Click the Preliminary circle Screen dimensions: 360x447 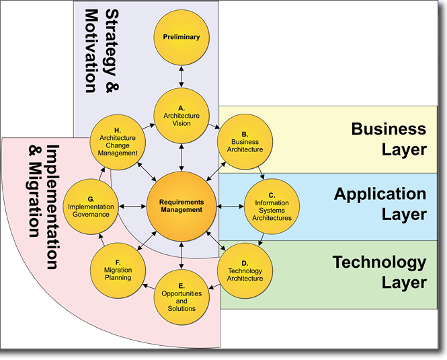pyautogui.click(x=181, y=37)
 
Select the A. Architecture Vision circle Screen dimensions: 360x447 pyautogui.click(x=181, y=116)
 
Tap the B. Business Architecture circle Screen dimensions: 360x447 pyautogui.click(x=246, y=142)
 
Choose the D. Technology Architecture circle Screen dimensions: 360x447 pyautogui.click(x=245, y=270)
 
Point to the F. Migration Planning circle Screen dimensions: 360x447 pyautogui.click(x=118, y=270)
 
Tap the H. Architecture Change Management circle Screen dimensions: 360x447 pyautogui.click(x=118, y=142)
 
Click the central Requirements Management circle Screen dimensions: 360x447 pyautogui.click(x=181, y=205)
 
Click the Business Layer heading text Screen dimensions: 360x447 pyautogui.click(x=389, y=139)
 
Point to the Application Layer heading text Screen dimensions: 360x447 pyautogui.click(x=380, y=204)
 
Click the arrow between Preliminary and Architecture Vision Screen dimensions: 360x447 pyautogui.click(x=181, y=77)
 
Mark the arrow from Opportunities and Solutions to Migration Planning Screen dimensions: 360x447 pyautogui.click(x=149, y=285)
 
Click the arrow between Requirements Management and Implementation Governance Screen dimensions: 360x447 pyautogui.click(x=132, y=205)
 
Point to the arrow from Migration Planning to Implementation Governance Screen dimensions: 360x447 pyautogui.click(x=103, y=237)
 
